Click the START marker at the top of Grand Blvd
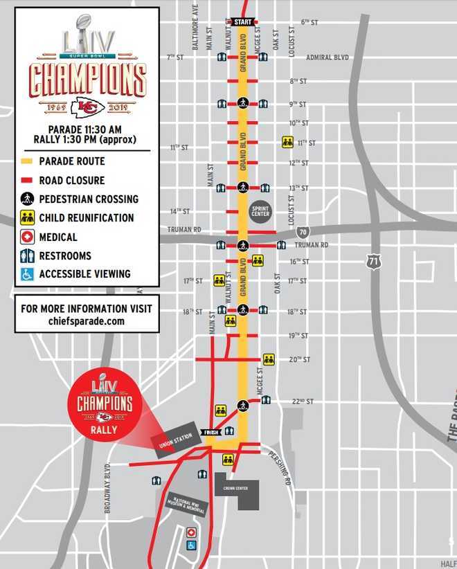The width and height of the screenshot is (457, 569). point(242,21)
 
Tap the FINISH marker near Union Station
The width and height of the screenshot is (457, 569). point(212,433)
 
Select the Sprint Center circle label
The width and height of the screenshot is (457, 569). point(261,211)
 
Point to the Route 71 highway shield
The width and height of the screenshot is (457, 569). point(374,262)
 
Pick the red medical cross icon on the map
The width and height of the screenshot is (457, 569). point(191,532)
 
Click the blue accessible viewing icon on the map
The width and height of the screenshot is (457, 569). point(191,545)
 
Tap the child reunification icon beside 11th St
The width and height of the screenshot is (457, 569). point(287,142)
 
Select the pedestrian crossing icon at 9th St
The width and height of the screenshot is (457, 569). point(243,103)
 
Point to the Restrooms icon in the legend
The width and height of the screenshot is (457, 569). point(26,255)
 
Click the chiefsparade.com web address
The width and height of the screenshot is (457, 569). point(87,321)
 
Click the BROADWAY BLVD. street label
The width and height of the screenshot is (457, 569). point(109,488)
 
